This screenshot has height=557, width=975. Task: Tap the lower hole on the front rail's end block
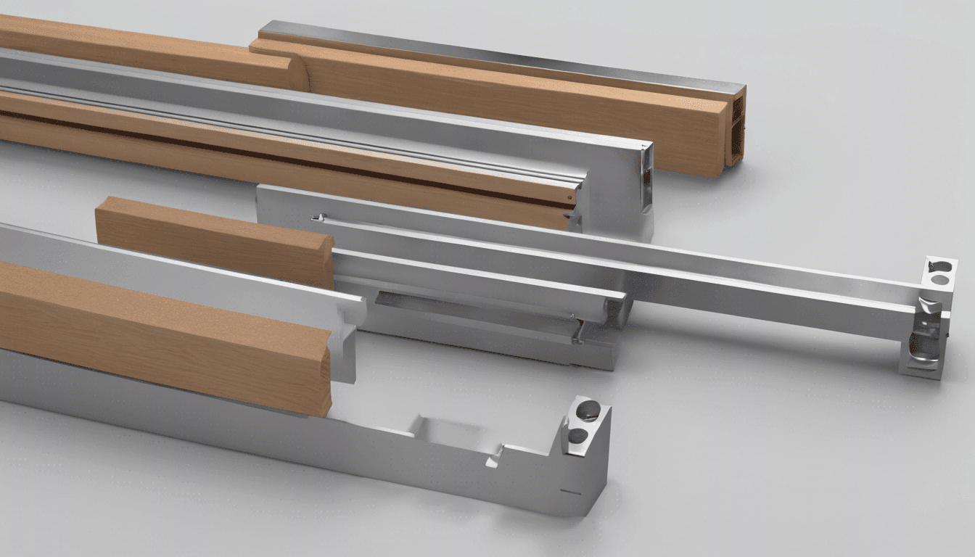[x=578, y=436]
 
